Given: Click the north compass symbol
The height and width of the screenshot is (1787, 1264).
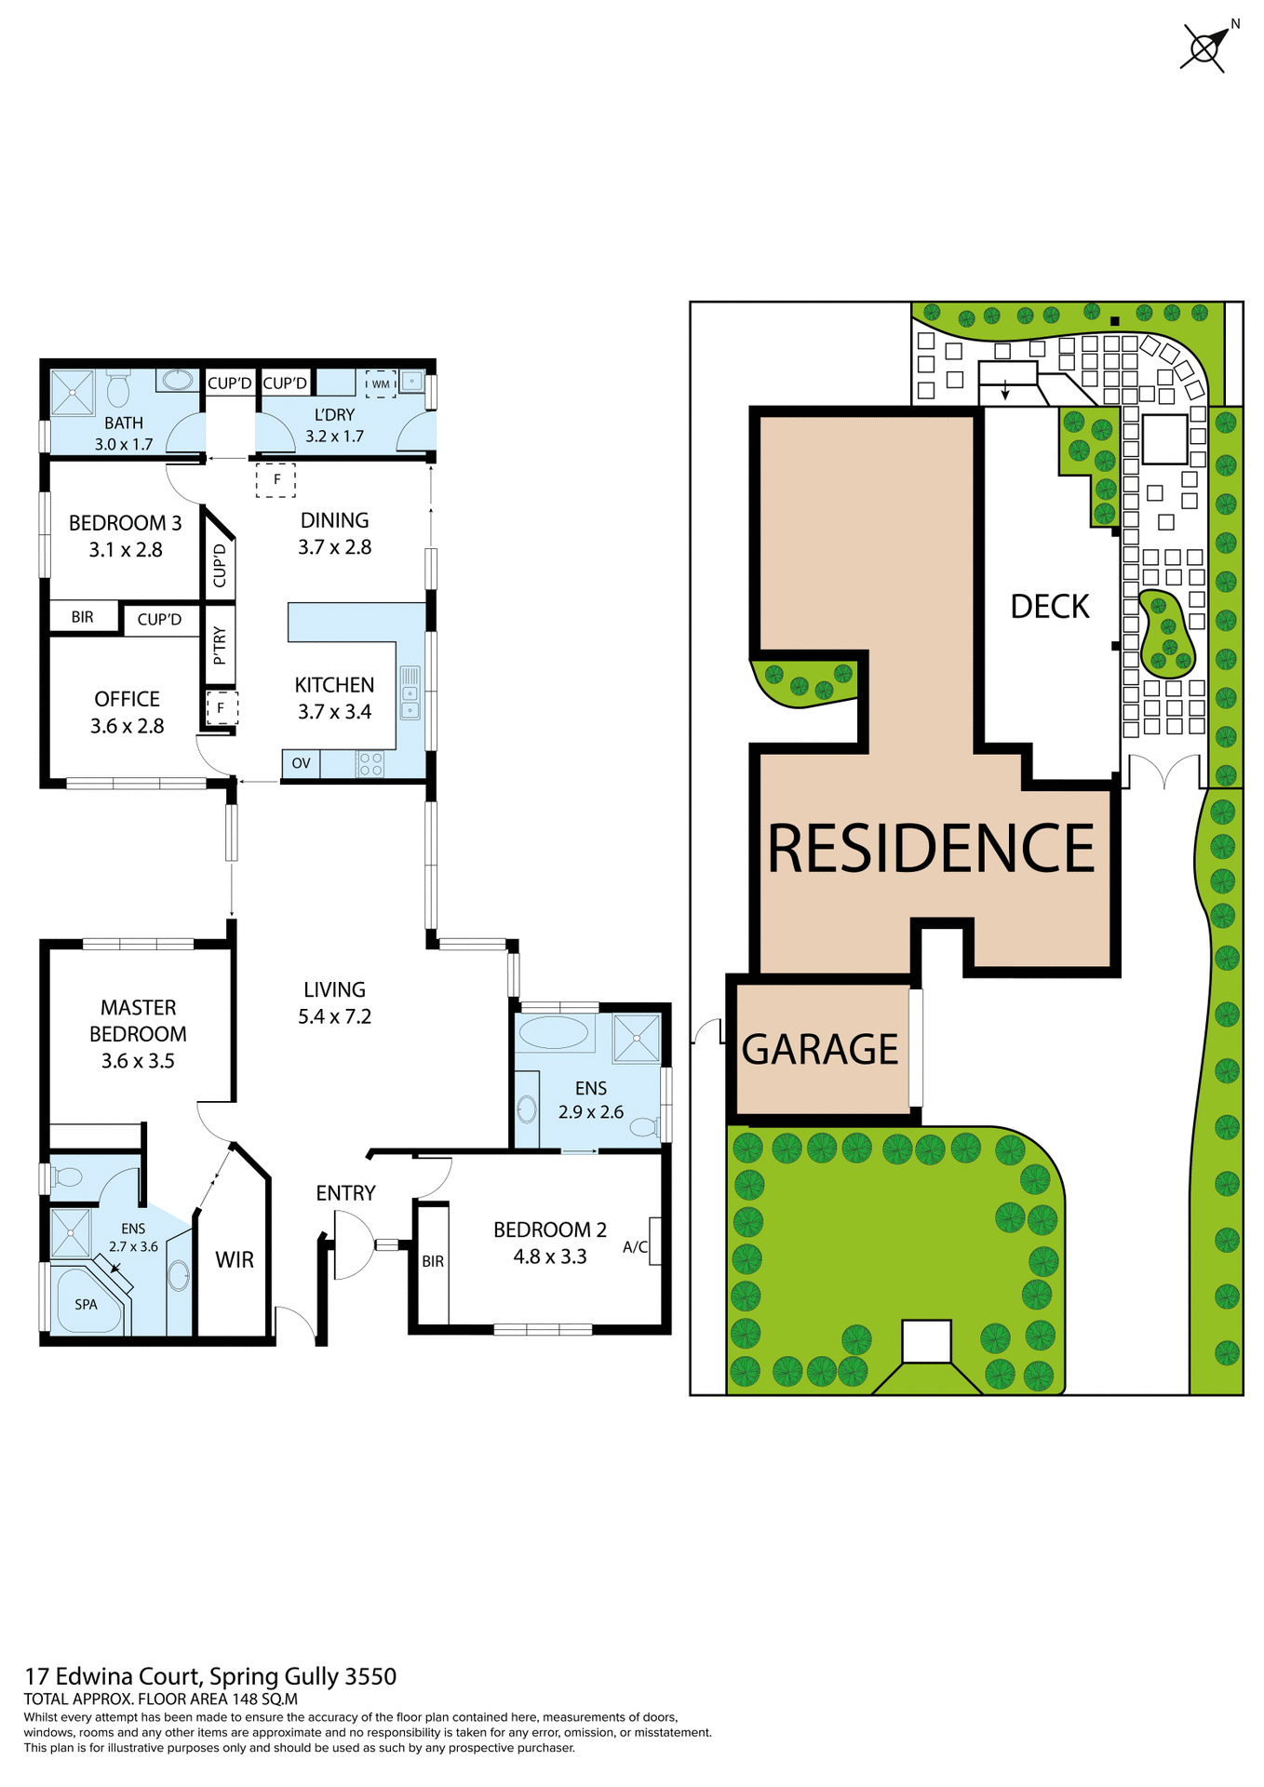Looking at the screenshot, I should coord(1206,47).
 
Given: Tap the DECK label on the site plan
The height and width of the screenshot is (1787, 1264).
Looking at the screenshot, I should coord(1049,606).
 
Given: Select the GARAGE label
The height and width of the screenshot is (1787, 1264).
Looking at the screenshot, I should coord(819,1049).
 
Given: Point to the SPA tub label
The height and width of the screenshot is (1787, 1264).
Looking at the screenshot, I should coord(86,1304).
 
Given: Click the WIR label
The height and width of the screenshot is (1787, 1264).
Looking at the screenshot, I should coord(235,1259).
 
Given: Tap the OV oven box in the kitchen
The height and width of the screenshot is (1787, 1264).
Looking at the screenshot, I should coord(301,763).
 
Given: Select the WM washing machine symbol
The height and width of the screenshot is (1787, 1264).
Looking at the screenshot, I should coord(381,383).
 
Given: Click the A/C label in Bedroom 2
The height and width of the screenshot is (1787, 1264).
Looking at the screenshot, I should coord(635,1247).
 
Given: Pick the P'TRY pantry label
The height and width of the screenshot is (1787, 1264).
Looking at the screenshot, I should coord(220,645).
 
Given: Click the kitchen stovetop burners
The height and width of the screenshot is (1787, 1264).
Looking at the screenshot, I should coord(370,764).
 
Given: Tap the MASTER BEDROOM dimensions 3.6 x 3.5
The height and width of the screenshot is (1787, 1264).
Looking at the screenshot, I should coord(138,1061).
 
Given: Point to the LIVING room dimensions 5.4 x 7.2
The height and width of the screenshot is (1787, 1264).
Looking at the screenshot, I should coord(334,1016).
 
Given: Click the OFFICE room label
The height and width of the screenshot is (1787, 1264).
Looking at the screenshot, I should coord(127,699).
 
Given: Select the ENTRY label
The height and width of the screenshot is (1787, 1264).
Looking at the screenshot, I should coord(345,1193).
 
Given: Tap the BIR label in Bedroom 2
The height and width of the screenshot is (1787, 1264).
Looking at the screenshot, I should coord(433,1261).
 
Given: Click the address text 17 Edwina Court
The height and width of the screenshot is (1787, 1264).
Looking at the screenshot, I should coord(112,1676).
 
